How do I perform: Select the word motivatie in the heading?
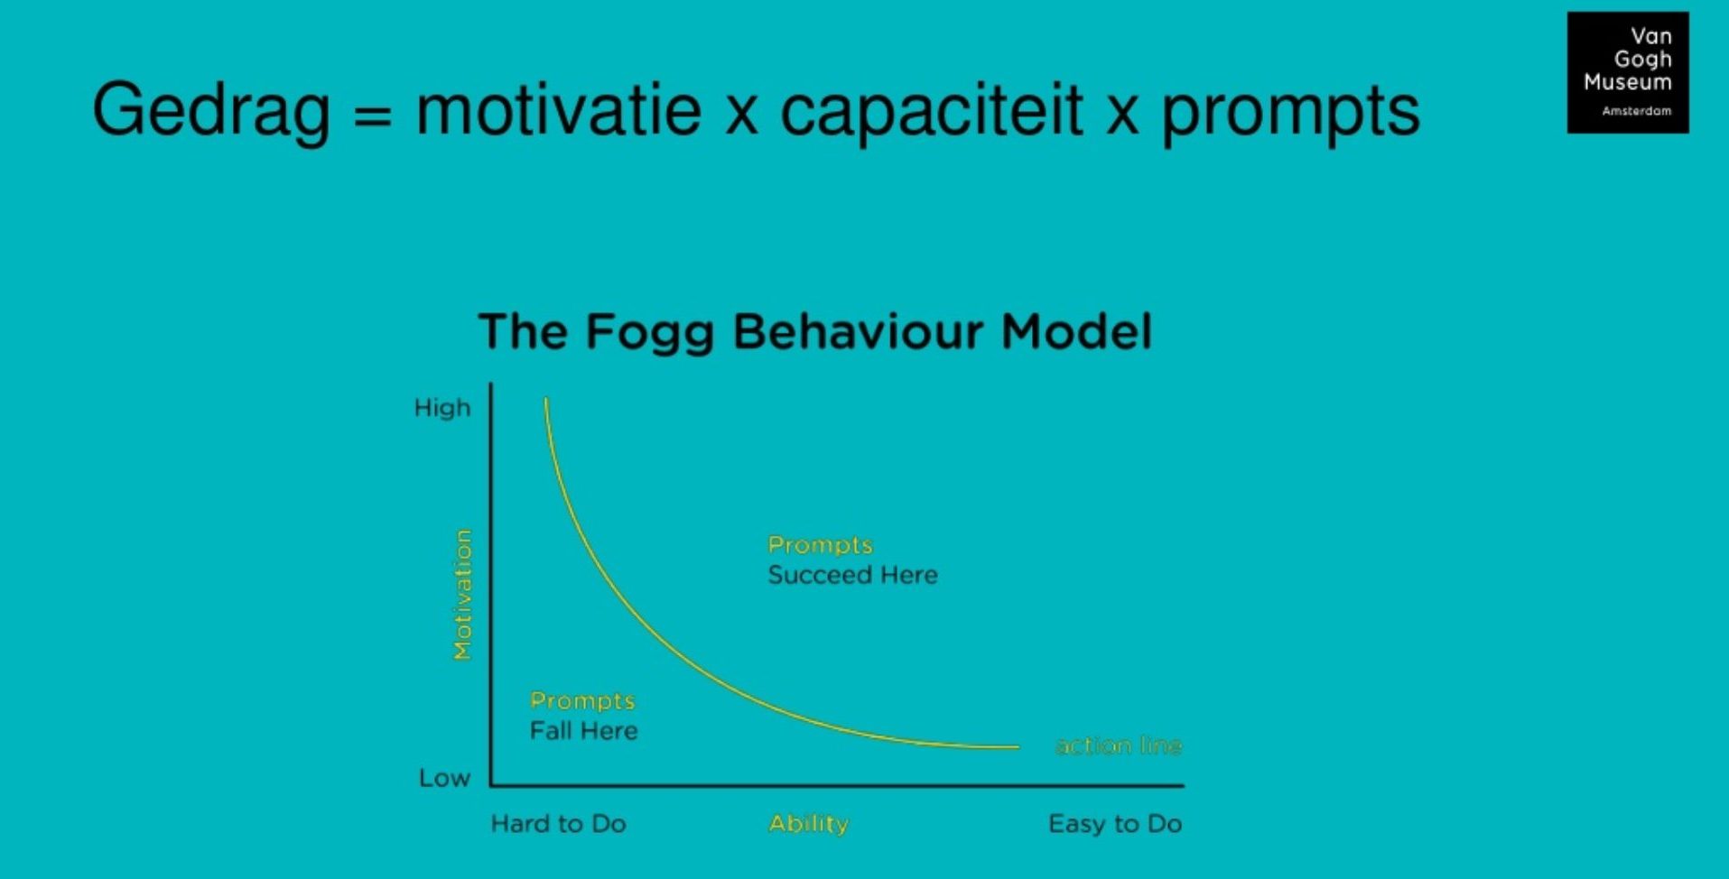(x=559, y=109)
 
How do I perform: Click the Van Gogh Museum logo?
(x=1628, y=72)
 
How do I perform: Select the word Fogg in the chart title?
(x=649, y=333)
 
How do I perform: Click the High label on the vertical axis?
(x=442, y=408)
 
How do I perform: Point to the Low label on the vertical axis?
(x=444, y=778)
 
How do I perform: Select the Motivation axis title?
(x=462, y=595)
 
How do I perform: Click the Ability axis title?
(x=808, y=824)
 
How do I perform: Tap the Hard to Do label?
(x=558, y=823)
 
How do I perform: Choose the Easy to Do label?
(x=1115, y=823)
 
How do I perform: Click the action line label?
(x=1119, y=745)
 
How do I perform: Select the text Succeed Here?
(x=852, y=575)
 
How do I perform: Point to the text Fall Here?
(x=583, y=730)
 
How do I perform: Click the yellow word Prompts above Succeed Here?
(x=820, y=545)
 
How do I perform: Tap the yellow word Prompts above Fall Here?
(x=582, y=701)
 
